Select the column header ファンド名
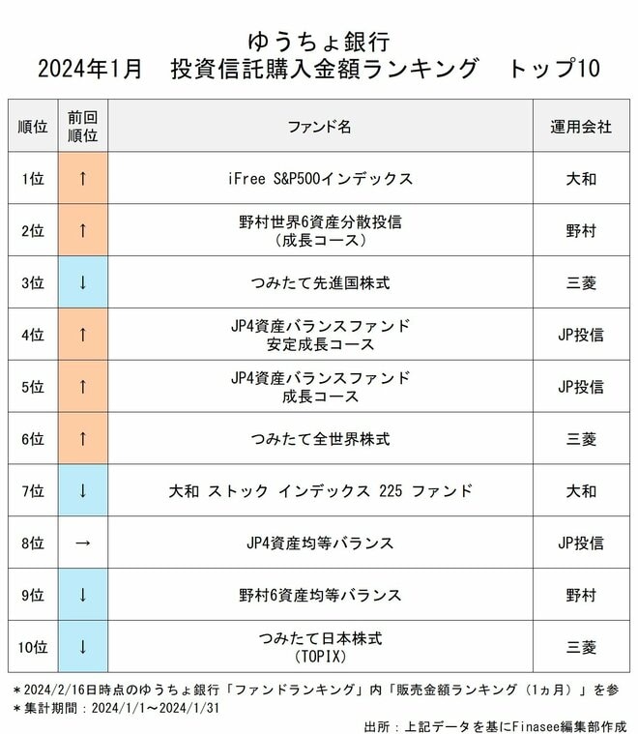coord(319,127)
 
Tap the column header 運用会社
coord(581,127)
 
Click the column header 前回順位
coord(82,127)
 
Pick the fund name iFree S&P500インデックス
coord(319,179)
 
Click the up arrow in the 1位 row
coord(82,179)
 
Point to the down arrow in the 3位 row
coord(82,283)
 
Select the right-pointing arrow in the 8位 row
coord(82,543)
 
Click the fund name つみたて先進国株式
coord(319,283)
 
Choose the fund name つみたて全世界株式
coord(319,439)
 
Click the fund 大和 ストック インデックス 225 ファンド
coord(319,491)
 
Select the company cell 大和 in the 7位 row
coord(581,491)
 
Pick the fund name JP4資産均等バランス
coord(319,543)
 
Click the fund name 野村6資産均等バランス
coord(319,595)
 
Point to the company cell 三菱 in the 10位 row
coord(581,647)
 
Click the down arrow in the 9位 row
coord(82,595)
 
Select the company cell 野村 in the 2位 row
coord(581,231)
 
